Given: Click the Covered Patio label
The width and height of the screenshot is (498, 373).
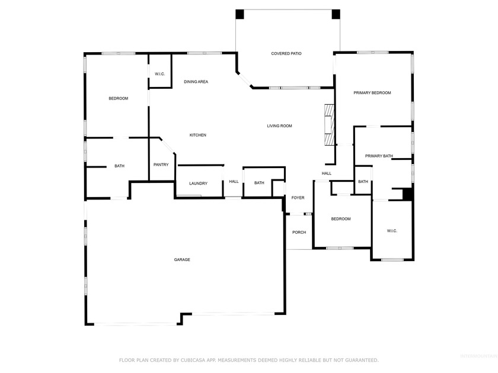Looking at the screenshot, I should (286, 54).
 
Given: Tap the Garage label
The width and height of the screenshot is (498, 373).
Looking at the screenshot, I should (182, 260).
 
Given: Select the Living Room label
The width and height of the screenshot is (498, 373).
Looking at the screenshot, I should (279, 126).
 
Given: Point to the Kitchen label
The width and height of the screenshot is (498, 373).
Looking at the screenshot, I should (198, 136).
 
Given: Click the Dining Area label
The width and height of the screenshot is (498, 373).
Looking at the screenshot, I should (196, 82).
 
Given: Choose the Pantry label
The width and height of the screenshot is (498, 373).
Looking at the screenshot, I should (161, 165).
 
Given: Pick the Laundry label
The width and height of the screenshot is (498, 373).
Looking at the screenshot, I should (198, 184).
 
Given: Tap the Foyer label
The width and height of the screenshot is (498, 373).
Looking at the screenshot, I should (298, 198).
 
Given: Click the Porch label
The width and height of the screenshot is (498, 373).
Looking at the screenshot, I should (299, 232).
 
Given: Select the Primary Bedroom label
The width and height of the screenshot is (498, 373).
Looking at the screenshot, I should (372, 93).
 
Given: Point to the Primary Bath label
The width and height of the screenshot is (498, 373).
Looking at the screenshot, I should (379, 156).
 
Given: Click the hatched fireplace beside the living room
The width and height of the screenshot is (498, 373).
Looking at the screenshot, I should (329, 125).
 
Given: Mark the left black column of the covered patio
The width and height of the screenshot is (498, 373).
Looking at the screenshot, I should (240, 14).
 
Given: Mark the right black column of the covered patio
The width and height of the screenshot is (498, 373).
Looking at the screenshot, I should (336, 14).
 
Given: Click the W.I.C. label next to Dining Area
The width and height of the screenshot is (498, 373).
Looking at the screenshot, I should (159, 74).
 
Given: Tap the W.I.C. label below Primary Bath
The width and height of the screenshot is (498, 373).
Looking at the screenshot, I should (392, 231).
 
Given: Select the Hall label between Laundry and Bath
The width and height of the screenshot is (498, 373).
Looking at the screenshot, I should (234, 182).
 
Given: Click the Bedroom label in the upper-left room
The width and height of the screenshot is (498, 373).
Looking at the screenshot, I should (118, 98).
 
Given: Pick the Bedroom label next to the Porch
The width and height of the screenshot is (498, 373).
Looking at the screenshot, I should (341, 219).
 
